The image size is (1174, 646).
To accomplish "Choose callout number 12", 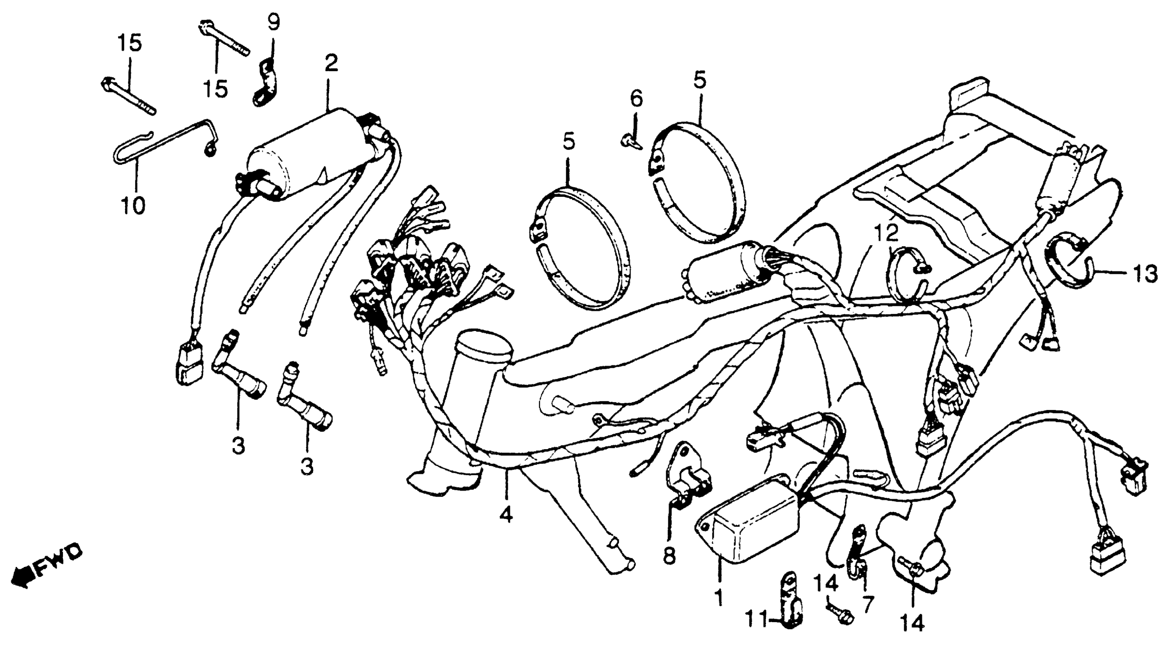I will (886, 233).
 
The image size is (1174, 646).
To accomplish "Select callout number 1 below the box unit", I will (719, 597).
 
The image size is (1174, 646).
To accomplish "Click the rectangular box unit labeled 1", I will (756, 527).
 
